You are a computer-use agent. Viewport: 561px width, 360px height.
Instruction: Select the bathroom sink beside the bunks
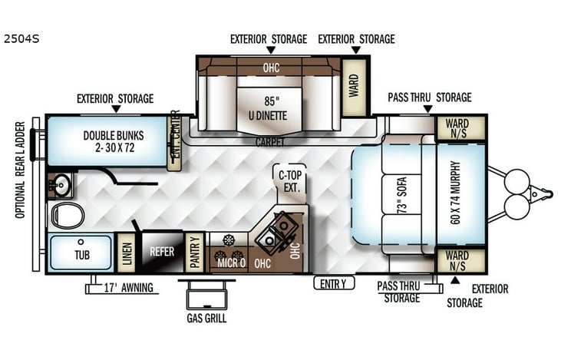coord(60,184)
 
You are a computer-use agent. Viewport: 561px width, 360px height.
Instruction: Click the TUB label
coord(81,253)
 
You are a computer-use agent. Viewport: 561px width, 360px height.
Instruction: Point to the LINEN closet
coord(127,252)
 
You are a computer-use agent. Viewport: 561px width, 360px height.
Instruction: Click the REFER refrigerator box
coord(161,252)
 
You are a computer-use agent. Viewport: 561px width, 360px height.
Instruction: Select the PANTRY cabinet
coord(195,253)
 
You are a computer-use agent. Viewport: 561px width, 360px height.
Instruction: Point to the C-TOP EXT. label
coord(291,180)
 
